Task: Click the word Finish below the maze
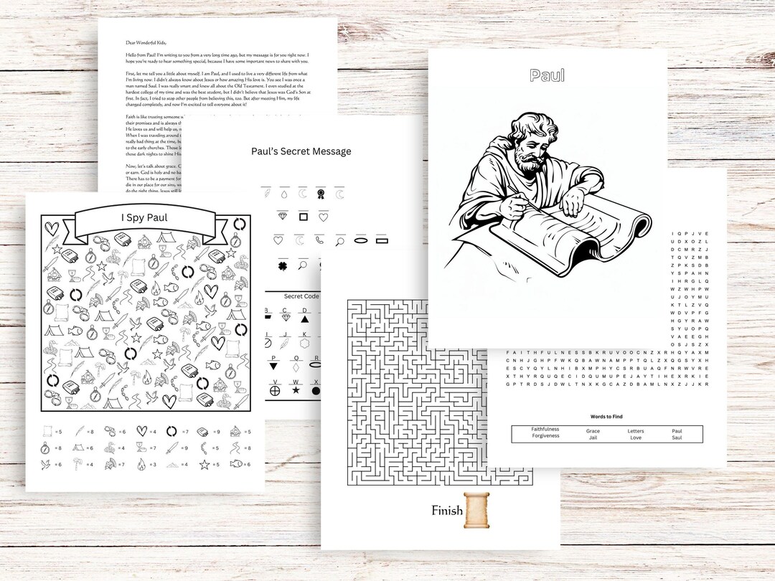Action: [446, 511]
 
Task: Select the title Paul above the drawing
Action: [547, 75]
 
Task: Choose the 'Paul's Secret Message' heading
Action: [301, 151]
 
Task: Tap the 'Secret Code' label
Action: [301, 296]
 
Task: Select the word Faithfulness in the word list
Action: [545, 430]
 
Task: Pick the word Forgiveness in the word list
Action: [545, 436]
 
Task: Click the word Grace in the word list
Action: [593, 430]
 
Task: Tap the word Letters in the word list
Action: [636, 430]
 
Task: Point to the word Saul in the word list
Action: [677, 437]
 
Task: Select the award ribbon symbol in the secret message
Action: [321, 194]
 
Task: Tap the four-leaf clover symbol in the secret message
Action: [283, 266]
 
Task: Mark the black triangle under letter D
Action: [304, 318]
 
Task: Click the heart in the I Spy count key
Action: [141, 431]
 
